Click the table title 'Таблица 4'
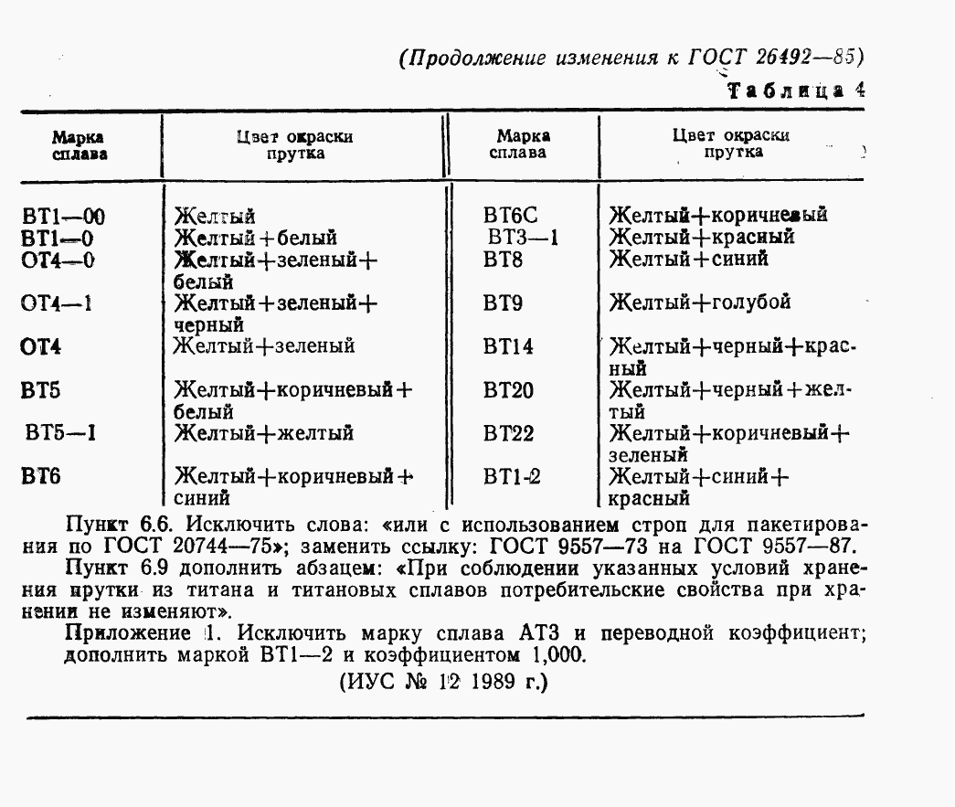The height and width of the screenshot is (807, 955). point(795,90)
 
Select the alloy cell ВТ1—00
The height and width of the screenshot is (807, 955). point(63,218)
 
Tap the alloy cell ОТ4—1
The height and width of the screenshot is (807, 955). point(57,303)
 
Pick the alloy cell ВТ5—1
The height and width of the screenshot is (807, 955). point(62,432)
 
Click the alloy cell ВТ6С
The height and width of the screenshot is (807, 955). point(511,217)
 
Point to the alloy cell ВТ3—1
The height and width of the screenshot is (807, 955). point(522,238)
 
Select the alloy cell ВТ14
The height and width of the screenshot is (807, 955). point(508,347)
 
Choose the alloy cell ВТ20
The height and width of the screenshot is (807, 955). point(508,390)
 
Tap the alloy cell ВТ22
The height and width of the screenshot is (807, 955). point(508,433)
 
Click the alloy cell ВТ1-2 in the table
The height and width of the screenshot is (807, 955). point(513,476)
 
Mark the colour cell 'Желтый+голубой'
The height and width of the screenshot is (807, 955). point(700,303)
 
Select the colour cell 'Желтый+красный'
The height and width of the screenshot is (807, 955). point(702,238)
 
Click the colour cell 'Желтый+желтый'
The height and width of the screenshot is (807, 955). point(264,432)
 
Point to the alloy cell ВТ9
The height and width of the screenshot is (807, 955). point(503,303)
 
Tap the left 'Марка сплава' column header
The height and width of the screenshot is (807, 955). point(79,144)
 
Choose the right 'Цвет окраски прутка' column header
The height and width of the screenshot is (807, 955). point(732,143)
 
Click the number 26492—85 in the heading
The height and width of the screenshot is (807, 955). point(808,58)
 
